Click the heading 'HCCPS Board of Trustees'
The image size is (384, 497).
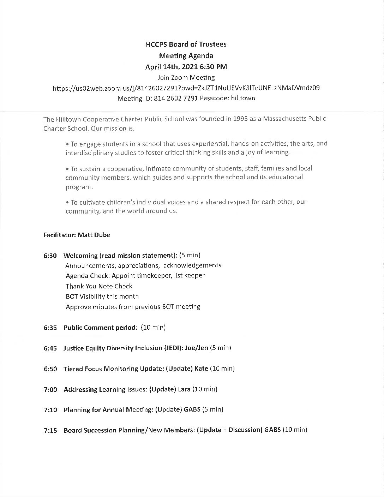186,44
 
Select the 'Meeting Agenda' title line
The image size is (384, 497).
186,55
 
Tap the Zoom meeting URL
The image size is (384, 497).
186,88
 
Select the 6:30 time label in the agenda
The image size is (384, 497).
50,256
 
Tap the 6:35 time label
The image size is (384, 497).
50,328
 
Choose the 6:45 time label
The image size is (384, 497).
50,348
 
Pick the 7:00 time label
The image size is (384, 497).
50,390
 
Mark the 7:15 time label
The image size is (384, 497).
50,431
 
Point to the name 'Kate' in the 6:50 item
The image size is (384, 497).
201,369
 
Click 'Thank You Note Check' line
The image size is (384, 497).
99,286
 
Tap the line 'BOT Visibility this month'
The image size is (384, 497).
102,297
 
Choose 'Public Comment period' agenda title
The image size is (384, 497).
100,328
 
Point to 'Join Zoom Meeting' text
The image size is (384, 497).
186,77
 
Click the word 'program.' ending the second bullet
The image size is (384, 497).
77,187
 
